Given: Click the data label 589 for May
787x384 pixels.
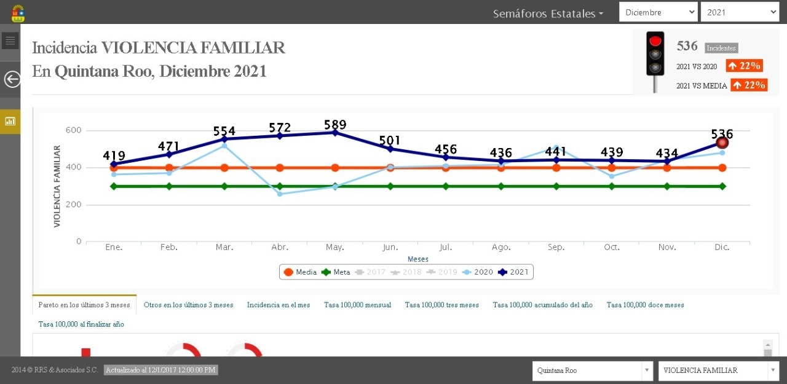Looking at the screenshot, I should point(334,125).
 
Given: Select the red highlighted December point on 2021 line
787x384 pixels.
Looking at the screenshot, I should point(722,143).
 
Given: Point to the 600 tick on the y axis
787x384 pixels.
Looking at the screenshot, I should point(74,130).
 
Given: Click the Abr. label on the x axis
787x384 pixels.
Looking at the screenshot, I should point(280,247).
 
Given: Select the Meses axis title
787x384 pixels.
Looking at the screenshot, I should point(418,259).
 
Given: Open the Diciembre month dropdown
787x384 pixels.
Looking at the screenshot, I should point(658,12).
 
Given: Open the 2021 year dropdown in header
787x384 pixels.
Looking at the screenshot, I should point(740,12).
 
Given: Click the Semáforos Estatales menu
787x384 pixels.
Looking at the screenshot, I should point(548,14).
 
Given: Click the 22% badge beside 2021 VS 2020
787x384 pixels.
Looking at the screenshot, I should point(744,66).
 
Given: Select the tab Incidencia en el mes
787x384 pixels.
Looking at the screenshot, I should point(279,305).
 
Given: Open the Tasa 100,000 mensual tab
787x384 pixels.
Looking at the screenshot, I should point(357,305).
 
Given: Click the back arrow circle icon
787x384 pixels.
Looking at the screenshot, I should point(12,79).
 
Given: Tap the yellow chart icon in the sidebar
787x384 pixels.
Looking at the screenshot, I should point(10,121).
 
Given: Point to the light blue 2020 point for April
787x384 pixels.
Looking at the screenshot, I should point(280,194).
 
